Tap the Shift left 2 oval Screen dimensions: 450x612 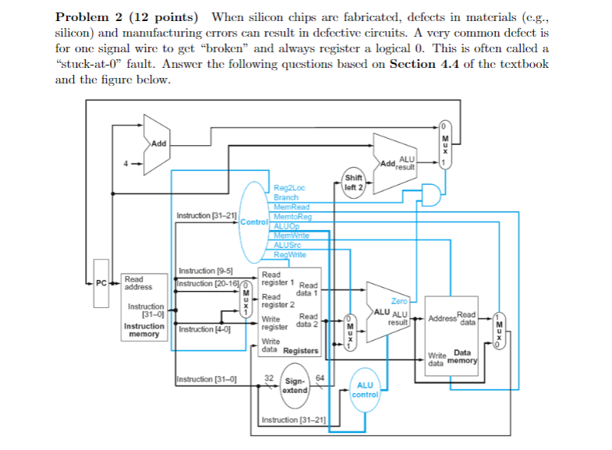pos(354,182)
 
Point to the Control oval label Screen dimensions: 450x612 pos(253,222)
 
